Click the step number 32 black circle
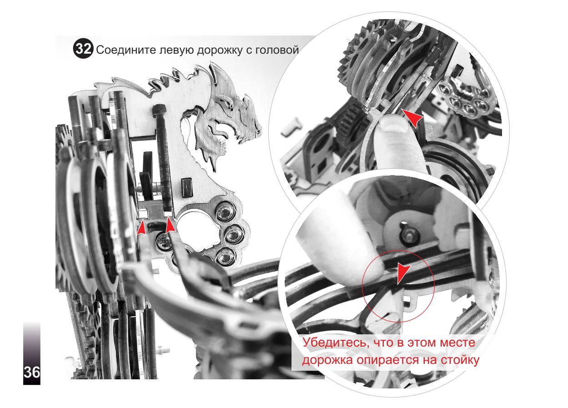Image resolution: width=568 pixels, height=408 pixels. coord(83,50)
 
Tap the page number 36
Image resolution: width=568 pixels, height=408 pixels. coord(32,373)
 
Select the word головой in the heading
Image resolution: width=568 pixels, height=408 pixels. coord(276,50)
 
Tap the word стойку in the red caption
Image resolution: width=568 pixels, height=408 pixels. coord(459,360)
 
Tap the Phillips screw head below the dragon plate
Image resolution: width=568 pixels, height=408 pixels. coord(164,240)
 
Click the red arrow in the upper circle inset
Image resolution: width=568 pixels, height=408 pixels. coord(412,118)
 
